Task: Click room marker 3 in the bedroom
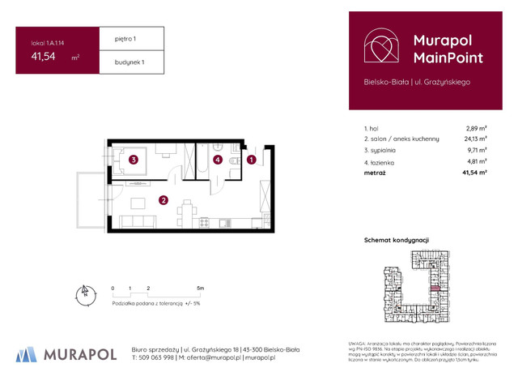point(134,160)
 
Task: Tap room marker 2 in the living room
point(163,200)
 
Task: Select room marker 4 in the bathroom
point(218,160)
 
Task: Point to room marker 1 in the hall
point(252,160)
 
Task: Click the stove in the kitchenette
point(203,222)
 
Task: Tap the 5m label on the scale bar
point(200,288)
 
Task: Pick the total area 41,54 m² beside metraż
point(474,173)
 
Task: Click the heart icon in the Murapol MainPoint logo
point(380,48)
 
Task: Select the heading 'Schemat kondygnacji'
point(397,240)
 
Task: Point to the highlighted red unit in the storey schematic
point(435,285)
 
